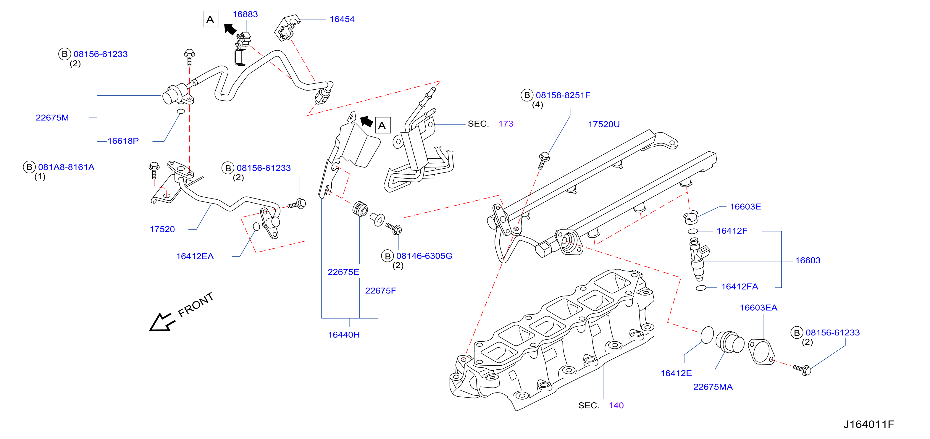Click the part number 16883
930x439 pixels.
[245, 14]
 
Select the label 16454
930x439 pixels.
[342, 19]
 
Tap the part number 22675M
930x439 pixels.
[52, 118]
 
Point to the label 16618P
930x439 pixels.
[123, 141]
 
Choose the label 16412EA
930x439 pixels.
[195, 256]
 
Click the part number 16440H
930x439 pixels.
[344, 335]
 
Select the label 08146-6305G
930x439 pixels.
[424, 256]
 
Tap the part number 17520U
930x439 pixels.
[604, 124]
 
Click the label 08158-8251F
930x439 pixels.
[563, 95]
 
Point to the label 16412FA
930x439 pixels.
[740, 287]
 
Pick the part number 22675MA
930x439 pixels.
[713, 387]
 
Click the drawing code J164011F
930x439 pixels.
[869, 424]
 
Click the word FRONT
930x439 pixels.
[196, 305]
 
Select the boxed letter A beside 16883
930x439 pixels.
[211, 20]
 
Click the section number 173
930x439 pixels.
[506, 124]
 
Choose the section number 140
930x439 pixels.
[616, 406]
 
